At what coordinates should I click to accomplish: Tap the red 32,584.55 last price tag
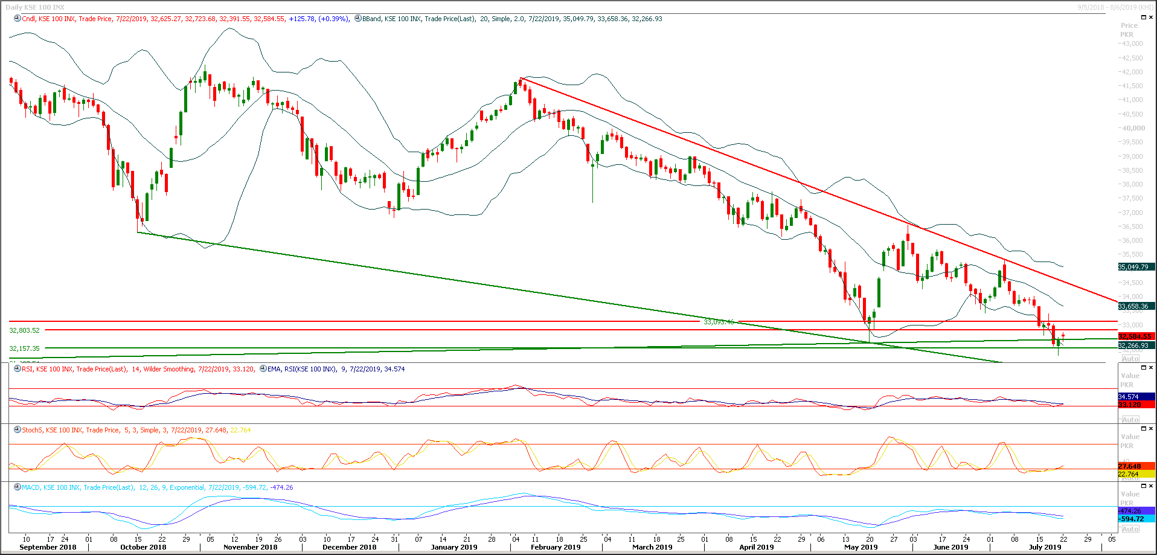(x=1135, y=336)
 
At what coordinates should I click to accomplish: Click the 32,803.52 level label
(x=24, y=330)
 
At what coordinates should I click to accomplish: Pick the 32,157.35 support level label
(x=24, y=348)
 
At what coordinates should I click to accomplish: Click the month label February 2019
(x=555, y=547)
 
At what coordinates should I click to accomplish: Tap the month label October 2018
(x=143, y=547)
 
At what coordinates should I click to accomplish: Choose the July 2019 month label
(x=1045, y=547)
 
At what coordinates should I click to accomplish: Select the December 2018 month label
(x=349, y=547)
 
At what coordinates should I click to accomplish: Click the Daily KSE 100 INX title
(x=35, y=7)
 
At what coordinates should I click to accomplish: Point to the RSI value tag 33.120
(x=1129, y=405)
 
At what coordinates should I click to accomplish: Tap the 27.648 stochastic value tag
(x=1129, y=466)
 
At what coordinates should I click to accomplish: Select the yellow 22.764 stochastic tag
(x=1128, y=474)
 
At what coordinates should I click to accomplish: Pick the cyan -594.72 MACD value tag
(x=1131, y=519)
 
